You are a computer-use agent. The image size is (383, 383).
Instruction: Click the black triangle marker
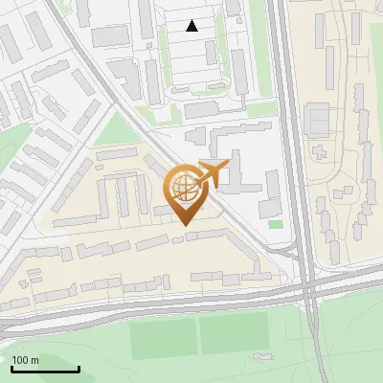(x=192, y=26)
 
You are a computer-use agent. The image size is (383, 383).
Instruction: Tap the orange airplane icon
(x=214, y=174)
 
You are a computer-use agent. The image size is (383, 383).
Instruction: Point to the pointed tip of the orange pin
(x=185, y=225)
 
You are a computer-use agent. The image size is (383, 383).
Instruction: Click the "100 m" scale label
(x=25, y=360)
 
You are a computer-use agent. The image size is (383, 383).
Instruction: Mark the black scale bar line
(x=45, y=369)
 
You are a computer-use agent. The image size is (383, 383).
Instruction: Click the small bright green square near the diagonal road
(x=276, y=224)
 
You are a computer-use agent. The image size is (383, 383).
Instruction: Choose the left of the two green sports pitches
(x=162, y=336)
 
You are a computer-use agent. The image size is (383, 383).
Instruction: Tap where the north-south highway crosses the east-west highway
(x=308, y=284)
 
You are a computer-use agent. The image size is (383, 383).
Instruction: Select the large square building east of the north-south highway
(x=317, y=122)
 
